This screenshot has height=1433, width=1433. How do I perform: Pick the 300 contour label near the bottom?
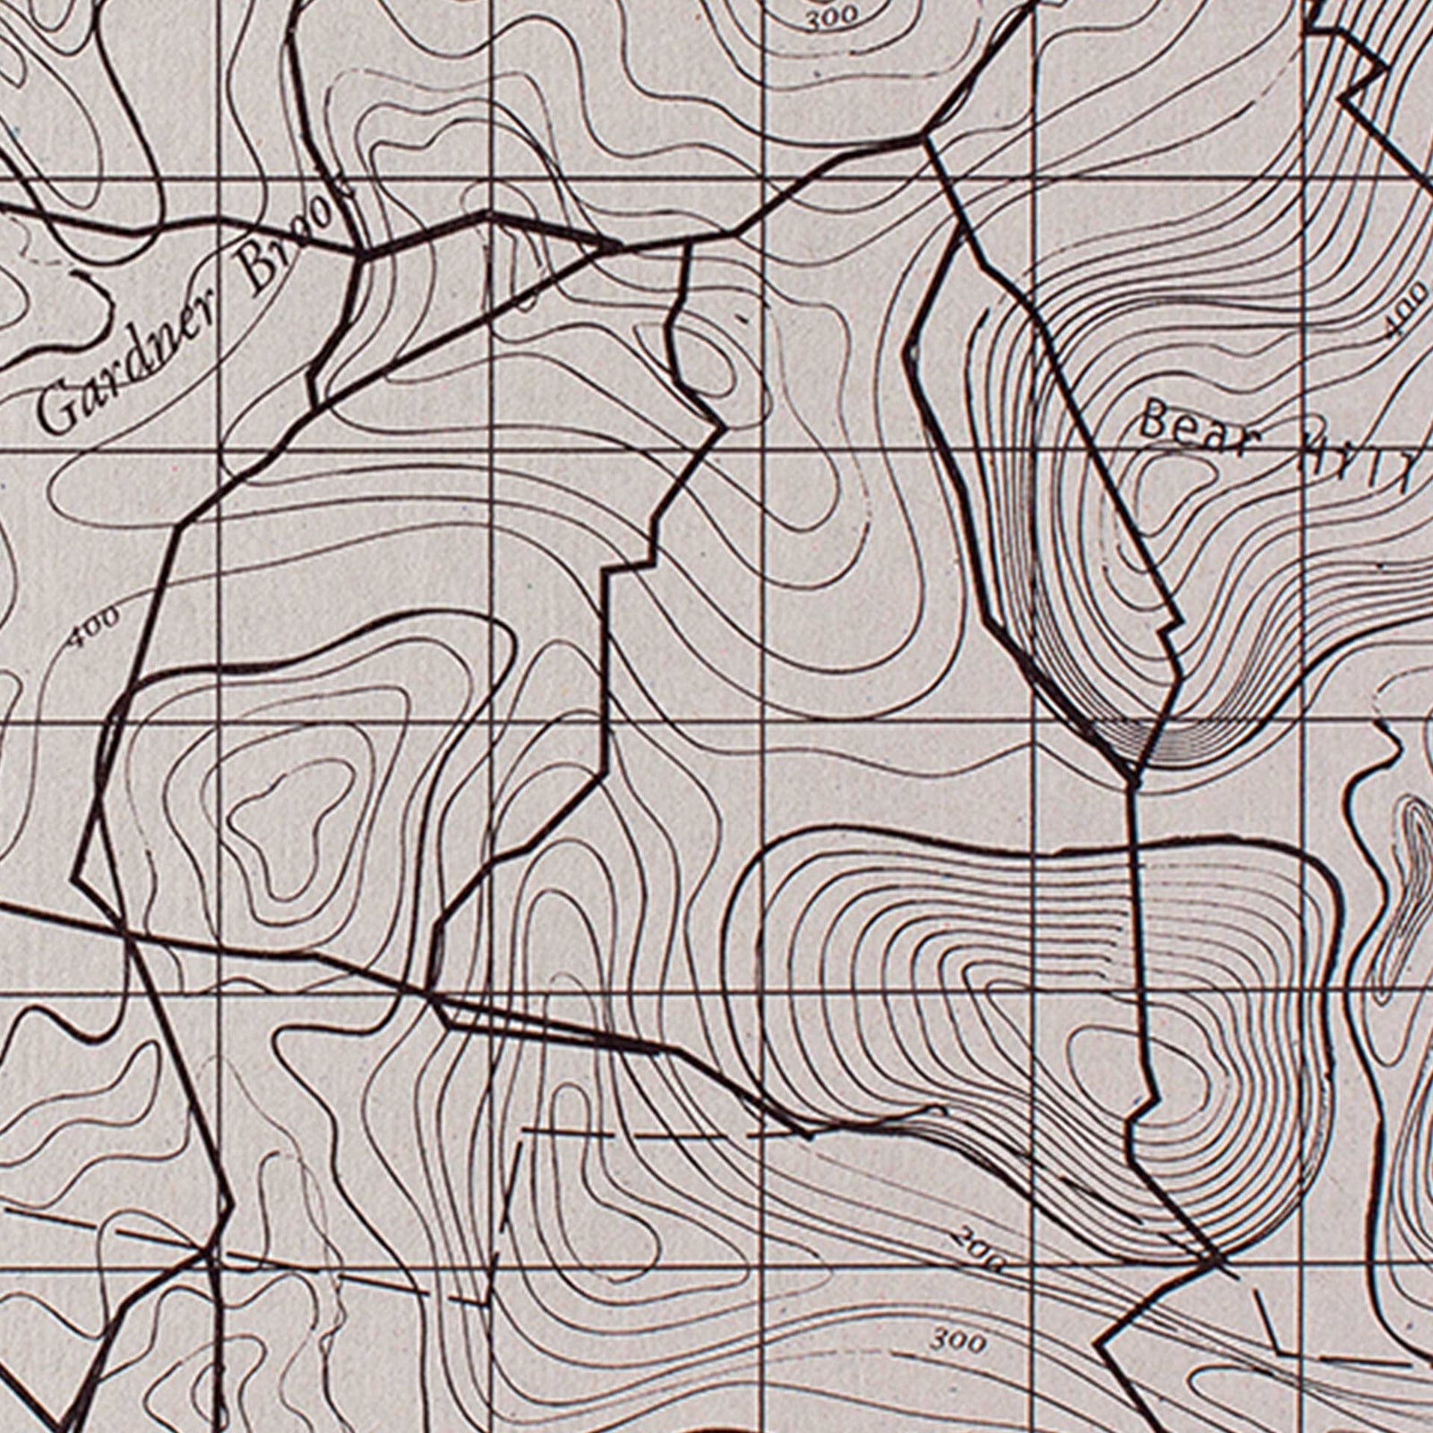click(958, 1342)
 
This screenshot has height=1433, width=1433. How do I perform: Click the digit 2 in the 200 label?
click(963, 1240)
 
